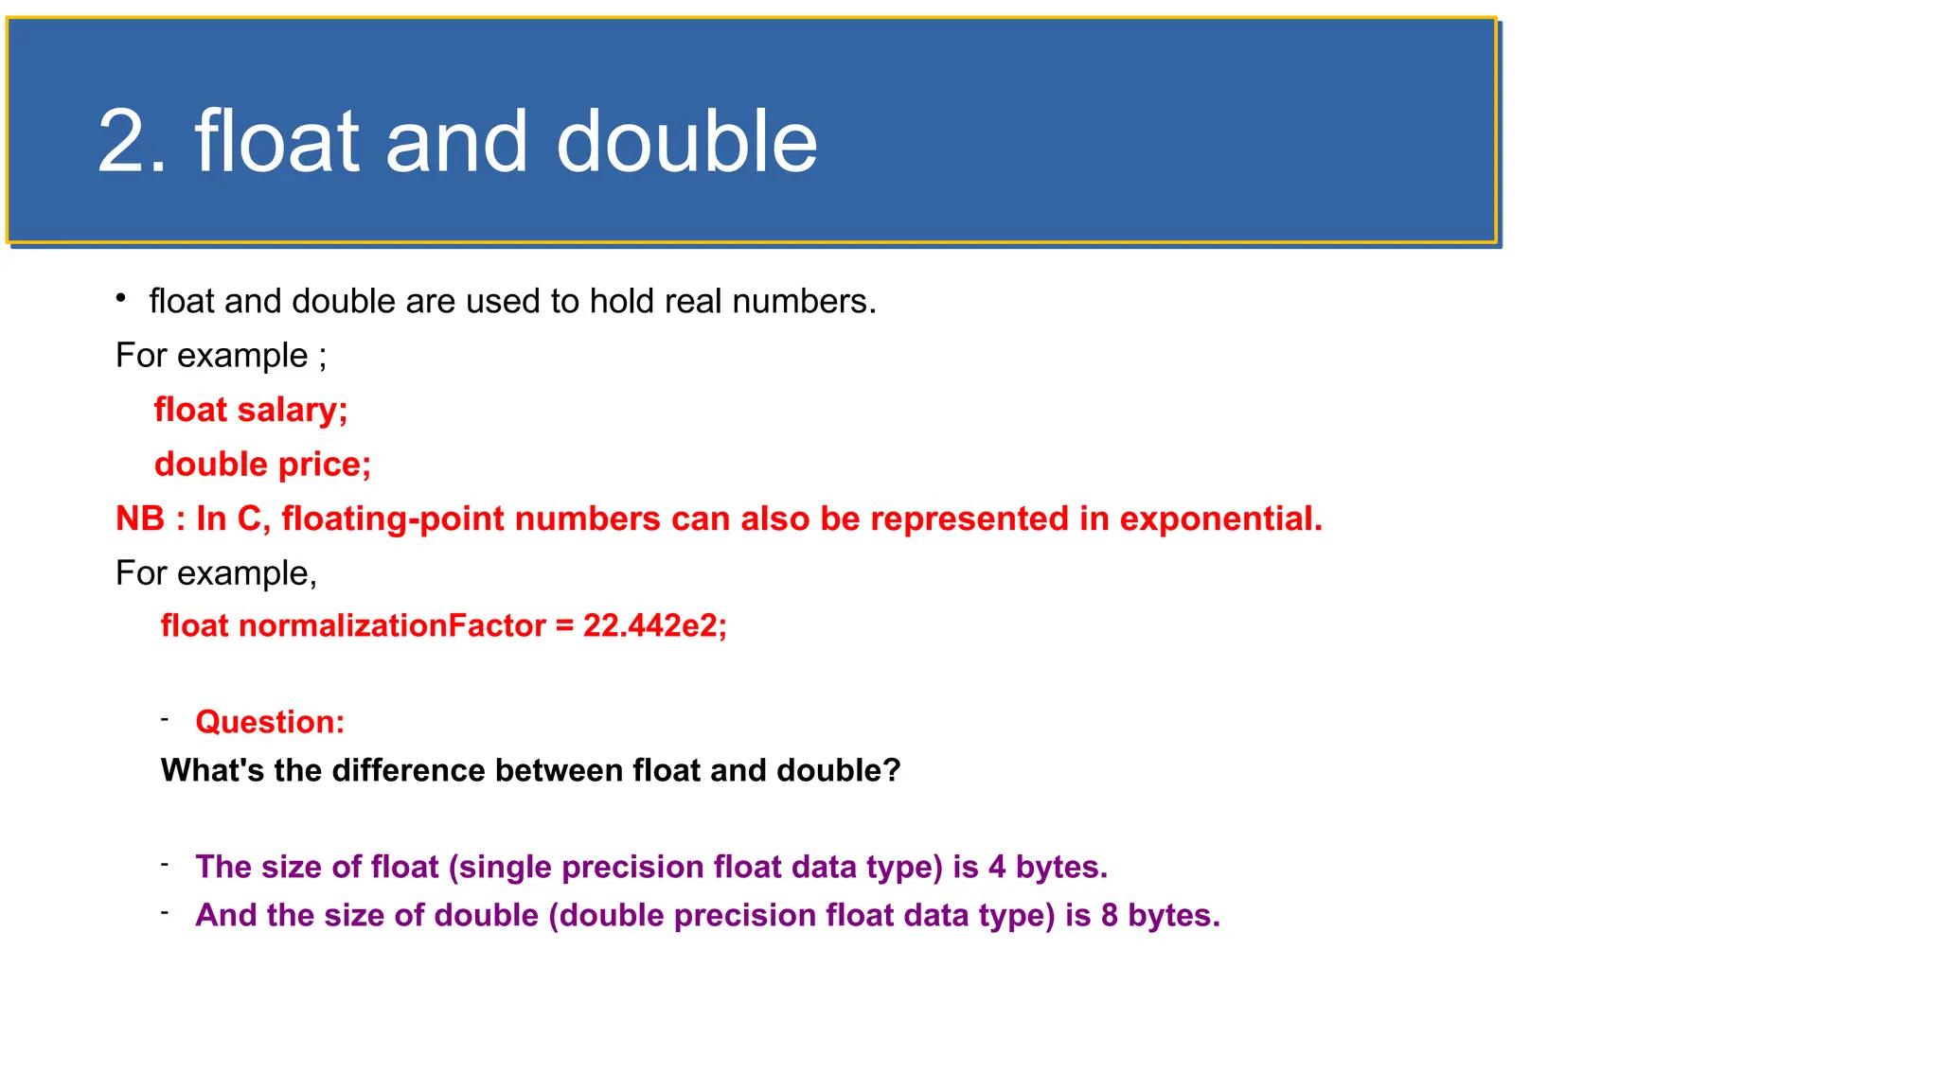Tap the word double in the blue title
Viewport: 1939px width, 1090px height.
pyautogui.click(x=686, y=142)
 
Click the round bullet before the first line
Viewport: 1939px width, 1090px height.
pyautogui.click(x=121, y=299)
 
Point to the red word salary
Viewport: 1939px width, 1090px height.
pyautogui.click(x=292, y=410)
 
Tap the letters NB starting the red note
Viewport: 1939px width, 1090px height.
pyautogui.click(x=140, y=519)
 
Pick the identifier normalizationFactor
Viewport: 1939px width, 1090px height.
pyautogui.click(x=392, y=625)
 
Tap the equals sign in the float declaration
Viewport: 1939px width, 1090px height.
pyautogui.click(x=564, y=626)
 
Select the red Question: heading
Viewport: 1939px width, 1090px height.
pyautogui.click(x=270, y=722)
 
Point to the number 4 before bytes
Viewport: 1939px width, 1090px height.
pyautogui.click(x=997, y=867)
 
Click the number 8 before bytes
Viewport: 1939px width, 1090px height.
pyautogui.click(x=1110, y=915)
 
